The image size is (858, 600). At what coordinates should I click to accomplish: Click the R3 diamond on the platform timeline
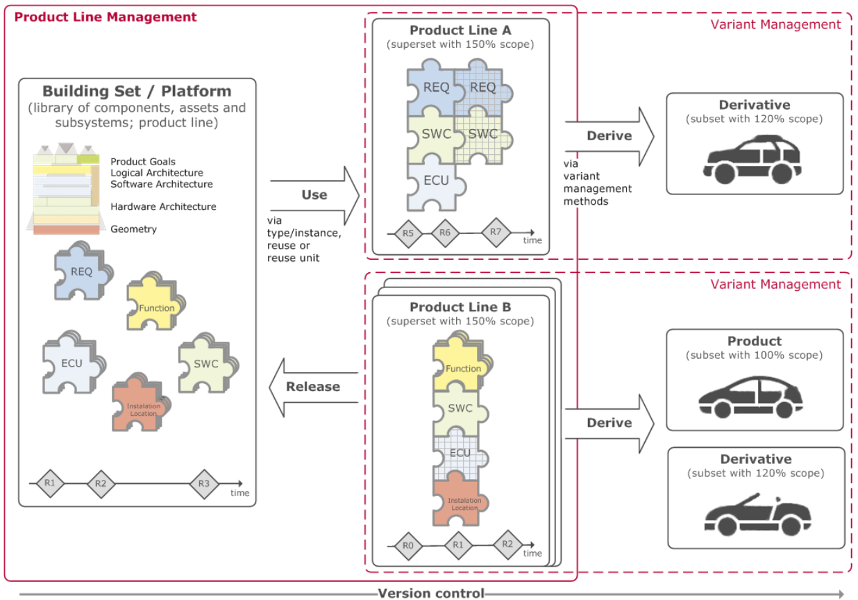click(x=204, y=484)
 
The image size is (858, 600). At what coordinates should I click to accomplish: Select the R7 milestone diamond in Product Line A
click(x=496, y=233)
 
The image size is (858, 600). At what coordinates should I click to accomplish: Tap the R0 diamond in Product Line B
click(x=408, y=546)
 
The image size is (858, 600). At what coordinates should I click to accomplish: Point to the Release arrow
click(x=313, y=387)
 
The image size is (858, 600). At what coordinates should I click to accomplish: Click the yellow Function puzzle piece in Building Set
click(x=155, y=302)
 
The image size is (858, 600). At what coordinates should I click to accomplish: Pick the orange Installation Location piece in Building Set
click(x=141, y=402)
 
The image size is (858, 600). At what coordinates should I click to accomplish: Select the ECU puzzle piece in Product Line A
click(x=436, y=183)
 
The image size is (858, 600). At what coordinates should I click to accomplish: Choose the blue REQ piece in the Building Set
click(x=83, y=271)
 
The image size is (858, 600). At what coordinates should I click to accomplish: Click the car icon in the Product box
click(x=751, y=397)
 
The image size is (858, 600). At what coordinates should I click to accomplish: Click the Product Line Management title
click(x=106, y=17)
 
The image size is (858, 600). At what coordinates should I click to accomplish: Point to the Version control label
click(x=431, y=593)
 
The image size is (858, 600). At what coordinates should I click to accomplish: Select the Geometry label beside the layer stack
click(x=133, y=229)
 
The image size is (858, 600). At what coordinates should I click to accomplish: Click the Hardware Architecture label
click(x=163, y=206)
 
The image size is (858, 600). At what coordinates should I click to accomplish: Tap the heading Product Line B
click(x=460, y=307)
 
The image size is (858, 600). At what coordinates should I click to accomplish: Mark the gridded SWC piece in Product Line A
click(x=483, y=135)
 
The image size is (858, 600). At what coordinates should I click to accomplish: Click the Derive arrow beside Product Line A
click(x=609, y=136)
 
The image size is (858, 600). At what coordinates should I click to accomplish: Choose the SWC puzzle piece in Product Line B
click(x=460, y=408)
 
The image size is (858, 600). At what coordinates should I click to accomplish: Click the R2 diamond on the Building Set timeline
click(x=101, y=484)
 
